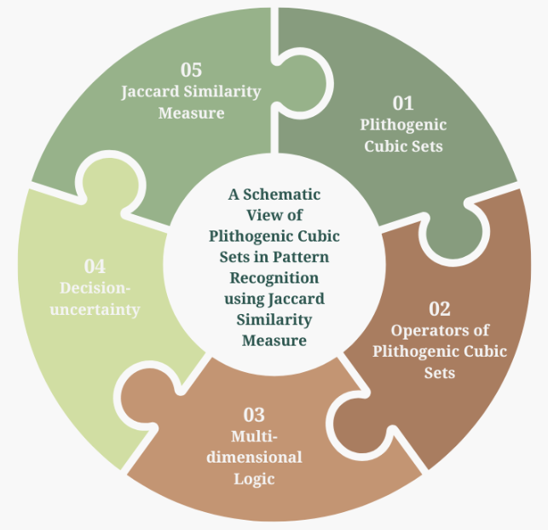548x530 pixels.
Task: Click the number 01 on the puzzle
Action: [x=403, y=103]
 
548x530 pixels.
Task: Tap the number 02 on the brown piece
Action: [x=440, y=309]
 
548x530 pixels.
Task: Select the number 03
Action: [x=254, y=415]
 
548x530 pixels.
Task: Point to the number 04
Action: [x=95, y=266]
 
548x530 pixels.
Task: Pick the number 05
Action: [x=191, y=70]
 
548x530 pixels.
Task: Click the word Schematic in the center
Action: [x=282, y=195]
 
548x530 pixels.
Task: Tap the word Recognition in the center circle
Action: [x=274, y=278]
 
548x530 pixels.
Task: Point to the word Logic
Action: [x=254, y=479]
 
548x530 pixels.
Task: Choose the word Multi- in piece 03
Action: [x=254, y=436]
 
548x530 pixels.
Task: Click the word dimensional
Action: [x=254, y=457]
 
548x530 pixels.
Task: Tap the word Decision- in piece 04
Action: [x=95, y=288]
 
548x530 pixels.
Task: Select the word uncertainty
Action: [x=95, y=310]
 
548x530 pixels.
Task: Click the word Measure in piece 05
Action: [x=191, y=113]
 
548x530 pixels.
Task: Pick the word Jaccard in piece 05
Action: [x=151, y=91]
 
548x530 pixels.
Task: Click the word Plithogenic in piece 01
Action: [x=403, y=125]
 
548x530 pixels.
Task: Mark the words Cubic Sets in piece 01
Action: [x=403, y=146]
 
